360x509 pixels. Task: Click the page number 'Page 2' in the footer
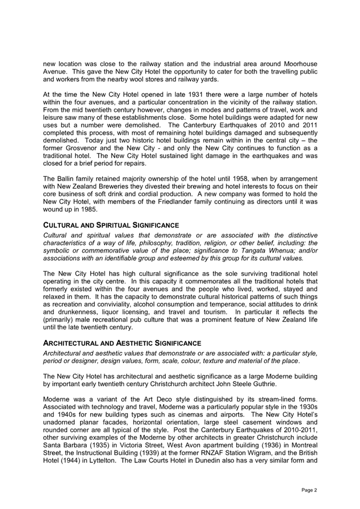[309, 490]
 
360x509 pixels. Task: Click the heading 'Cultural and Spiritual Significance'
[111, 225]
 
